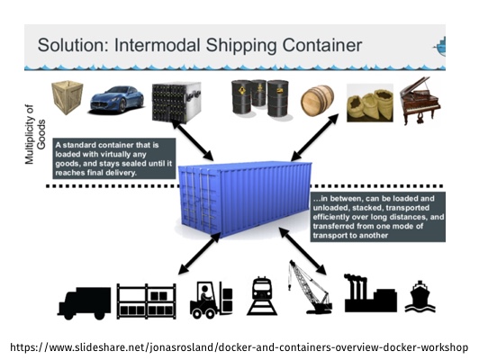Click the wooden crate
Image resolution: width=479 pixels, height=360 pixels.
(x=68, y=97)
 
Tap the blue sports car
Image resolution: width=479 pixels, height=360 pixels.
(x=117, y=100)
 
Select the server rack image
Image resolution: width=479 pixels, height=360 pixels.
(x=176, y=103)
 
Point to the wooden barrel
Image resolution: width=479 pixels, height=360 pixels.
(x=317, y=101)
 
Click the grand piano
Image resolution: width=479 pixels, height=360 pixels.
(x=420, y=101)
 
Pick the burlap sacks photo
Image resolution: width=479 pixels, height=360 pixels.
(x=370, y=103)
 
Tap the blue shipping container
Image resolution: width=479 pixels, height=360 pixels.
(x=245, y=199)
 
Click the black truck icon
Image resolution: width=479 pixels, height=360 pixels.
(x=85, y=303)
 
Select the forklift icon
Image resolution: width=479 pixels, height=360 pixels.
(x=211, y=300)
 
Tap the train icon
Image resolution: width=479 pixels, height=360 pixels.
(x=262, y=295)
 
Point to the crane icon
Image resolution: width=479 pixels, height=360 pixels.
(x=310, y=287)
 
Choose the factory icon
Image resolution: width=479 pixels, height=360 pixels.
(x=371, y=293)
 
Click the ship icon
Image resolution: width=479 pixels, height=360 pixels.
(x=420, y=296)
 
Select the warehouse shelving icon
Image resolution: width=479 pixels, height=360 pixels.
(x=147, y=301)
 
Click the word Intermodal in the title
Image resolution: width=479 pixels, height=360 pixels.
(x=157, y=45)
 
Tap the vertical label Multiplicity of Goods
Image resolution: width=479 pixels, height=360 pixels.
(x=35, y=134)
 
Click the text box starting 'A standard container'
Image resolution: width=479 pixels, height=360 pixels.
(x=114, y=158)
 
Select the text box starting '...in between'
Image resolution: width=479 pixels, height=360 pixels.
(x=378, y=217)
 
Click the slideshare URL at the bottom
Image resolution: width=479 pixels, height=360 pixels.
(x=239, y=347)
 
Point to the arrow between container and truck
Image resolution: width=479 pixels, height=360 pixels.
(x=200, y=253)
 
